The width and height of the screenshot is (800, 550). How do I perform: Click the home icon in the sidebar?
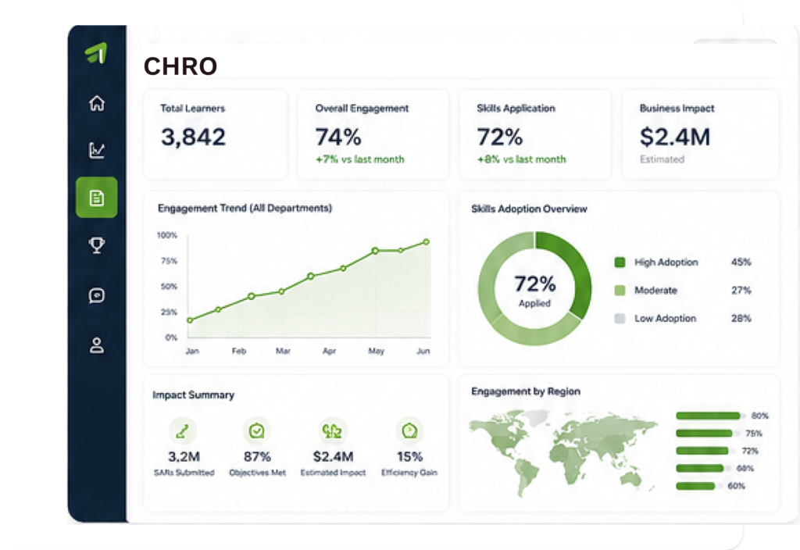(x=97, y=103)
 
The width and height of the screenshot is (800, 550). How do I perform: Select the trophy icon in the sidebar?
(x=97, y=245)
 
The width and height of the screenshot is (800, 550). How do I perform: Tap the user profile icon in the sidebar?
(x=97, y=345)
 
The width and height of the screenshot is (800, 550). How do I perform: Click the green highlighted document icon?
(x=96, y=198)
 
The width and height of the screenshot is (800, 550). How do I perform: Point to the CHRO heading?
(x=180, y=66)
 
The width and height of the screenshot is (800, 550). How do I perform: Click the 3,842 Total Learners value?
(x=194, y=137)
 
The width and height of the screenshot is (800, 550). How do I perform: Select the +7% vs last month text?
(x=359, y=159)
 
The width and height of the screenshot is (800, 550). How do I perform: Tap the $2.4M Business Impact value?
(x=675, y=137)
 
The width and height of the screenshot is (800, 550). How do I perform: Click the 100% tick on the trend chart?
(x=167, y=235)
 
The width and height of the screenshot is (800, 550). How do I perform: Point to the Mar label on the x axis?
(x=283, y=351)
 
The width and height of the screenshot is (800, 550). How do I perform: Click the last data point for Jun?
(x=426, y=242)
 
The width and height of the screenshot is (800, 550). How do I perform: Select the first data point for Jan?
(x=190, y=320)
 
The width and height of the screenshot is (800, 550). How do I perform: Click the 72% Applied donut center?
(x=534, y=290)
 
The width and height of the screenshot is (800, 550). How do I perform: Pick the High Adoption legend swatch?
(x=620, y=262)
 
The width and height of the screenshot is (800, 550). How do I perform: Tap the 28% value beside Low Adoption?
(x=741, y=319)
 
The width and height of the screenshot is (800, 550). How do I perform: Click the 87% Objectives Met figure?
(x=257, y=456)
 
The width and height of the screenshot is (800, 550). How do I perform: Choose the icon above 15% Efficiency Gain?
(x=409, y=431)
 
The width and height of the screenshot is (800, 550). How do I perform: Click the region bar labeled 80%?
(x=708, y=416)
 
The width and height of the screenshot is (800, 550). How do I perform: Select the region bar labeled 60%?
(x=695, y=486)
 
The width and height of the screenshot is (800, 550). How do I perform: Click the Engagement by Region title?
(x=526, y=391)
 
